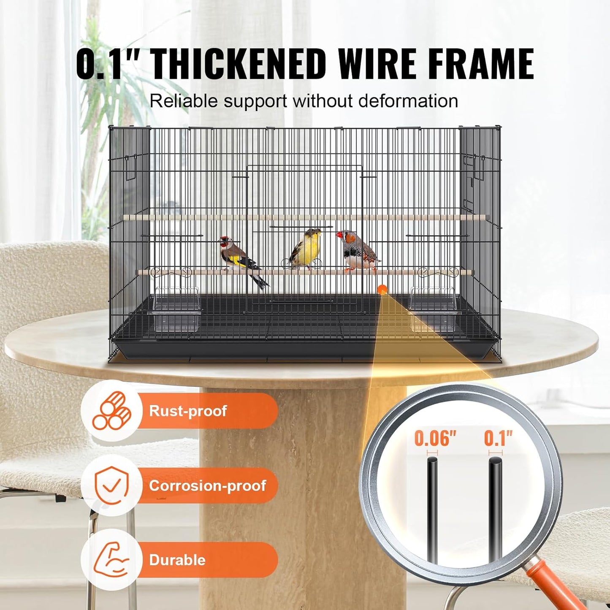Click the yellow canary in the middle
point(305,249)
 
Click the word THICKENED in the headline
point(239,64)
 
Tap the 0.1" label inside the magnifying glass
point(498,439)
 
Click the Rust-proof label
point(188,411)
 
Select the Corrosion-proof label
point(207,485)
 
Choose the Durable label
point(177,560)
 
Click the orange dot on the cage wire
point(382,289)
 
